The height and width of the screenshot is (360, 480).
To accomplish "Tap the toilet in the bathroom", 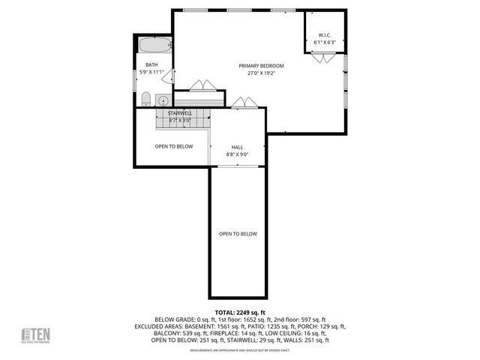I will (x=146, y=99).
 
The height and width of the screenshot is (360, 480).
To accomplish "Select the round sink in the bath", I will (x=161, y=100).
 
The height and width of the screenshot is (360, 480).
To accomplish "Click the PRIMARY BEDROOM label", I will (x=262, y=66).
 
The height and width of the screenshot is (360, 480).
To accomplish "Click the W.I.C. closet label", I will (x=324, y=34).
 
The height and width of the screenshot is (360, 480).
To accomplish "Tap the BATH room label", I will (x=151, y=65).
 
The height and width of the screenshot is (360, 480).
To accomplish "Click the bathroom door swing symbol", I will (x=169, y=76).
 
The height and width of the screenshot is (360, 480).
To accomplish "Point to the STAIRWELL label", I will (x=180, y=113).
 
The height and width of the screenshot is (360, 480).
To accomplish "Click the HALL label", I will (x=237, y=147).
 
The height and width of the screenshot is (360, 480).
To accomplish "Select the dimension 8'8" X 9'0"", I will (x=237, y=154).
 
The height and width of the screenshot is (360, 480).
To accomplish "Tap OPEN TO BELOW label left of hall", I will (x=174, y=146).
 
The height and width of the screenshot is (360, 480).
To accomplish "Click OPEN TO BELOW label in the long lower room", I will (x=238, y=234).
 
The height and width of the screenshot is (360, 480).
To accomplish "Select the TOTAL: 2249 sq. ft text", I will (x=240, y=312).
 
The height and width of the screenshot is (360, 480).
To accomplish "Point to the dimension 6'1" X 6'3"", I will (x=324, y=42).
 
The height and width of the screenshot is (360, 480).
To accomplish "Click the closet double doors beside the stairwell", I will (x=199, y=85).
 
